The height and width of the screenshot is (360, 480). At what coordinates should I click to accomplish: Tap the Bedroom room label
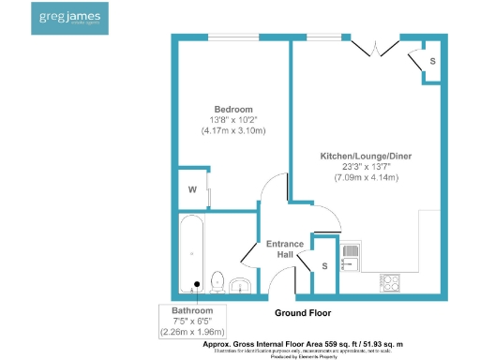(x=232, y=109)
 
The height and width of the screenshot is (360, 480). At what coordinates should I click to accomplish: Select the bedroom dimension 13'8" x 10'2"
(x=232, y=120)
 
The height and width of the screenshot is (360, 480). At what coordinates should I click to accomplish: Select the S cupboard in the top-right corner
(x=431, y=61)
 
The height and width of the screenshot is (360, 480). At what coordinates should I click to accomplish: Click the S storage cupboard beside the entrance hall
(x=324, y=265)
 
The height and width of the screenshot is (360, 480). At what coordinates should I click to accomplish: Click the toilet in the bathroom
(x=217, y=280)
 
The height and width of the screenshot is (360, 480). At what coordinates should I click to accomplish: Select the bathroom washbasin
(x=241, y=285)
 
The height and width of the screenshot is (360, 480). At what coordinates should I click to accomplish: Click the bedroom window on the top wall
(x=234, y=37)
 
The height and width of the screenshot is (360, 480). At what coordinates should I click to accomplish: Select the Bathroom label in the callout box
(x=192, y=310)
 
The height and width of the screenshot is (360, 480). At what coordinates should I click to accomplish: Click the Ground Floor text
(x=302, y=312)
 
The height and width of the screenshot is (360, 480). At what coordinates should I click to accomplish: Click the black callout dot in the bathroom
(x=197, y=284)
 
